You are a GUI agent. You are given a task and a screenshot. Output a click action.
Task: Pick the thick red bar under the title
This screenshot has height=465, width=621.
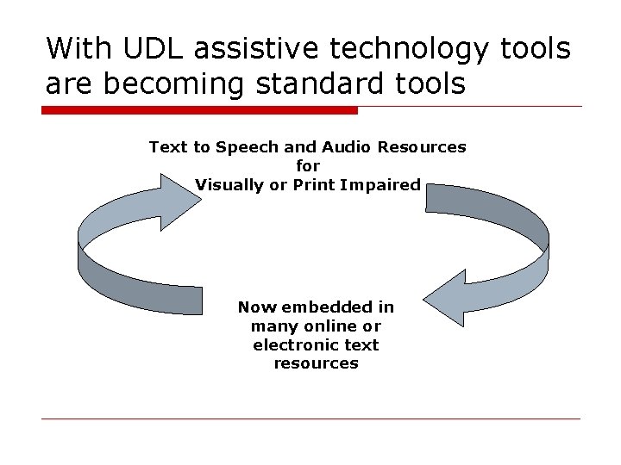pyautogui.click(x=199, y=110)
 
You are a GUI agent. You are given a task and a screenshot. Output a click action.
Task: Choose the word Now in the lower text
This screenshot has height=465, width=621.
pyautogui.click(x=254, y=307)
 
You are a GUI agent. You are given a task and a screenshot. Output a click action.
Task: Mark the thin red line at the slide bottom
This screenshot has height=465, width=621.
pyautogui.click(x=310, y=419)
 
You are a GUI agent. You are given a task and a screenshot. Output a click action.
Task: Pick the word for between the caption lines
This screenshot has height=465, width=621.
pyautogui.click(x=308, y=165)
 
